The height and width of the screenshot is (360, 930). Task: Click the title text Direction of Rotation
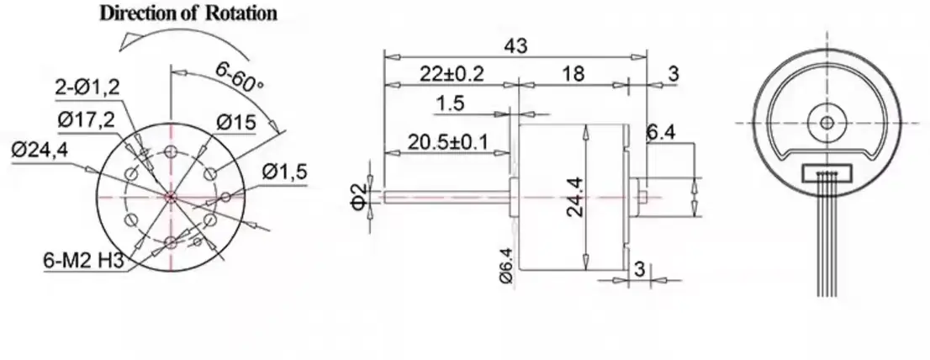(188, 13)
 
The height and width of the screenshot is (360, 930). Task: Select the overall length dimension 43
(516, 47)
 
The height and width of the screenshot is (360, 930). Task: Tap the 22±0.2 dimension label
(452, 74)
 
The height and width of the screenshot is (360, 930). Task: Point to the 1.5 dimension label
(451, 103)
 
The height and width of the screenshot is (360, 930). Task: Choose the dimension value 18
(573, 74)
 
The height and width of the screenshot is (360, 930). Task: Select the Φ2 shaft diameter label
(358, 195)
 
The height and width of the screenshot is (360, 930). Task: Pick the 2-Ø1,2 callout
(86, 87)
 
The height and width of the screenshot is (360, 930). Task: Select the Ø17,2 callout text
(86, 119)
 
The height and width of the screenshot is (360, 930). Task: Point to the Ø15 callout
(235, 123)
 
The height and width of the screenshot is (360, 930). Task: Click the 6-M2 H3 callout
(83, 262)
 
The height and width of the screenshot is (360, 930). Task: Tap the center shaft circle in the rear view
(827, 121)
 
